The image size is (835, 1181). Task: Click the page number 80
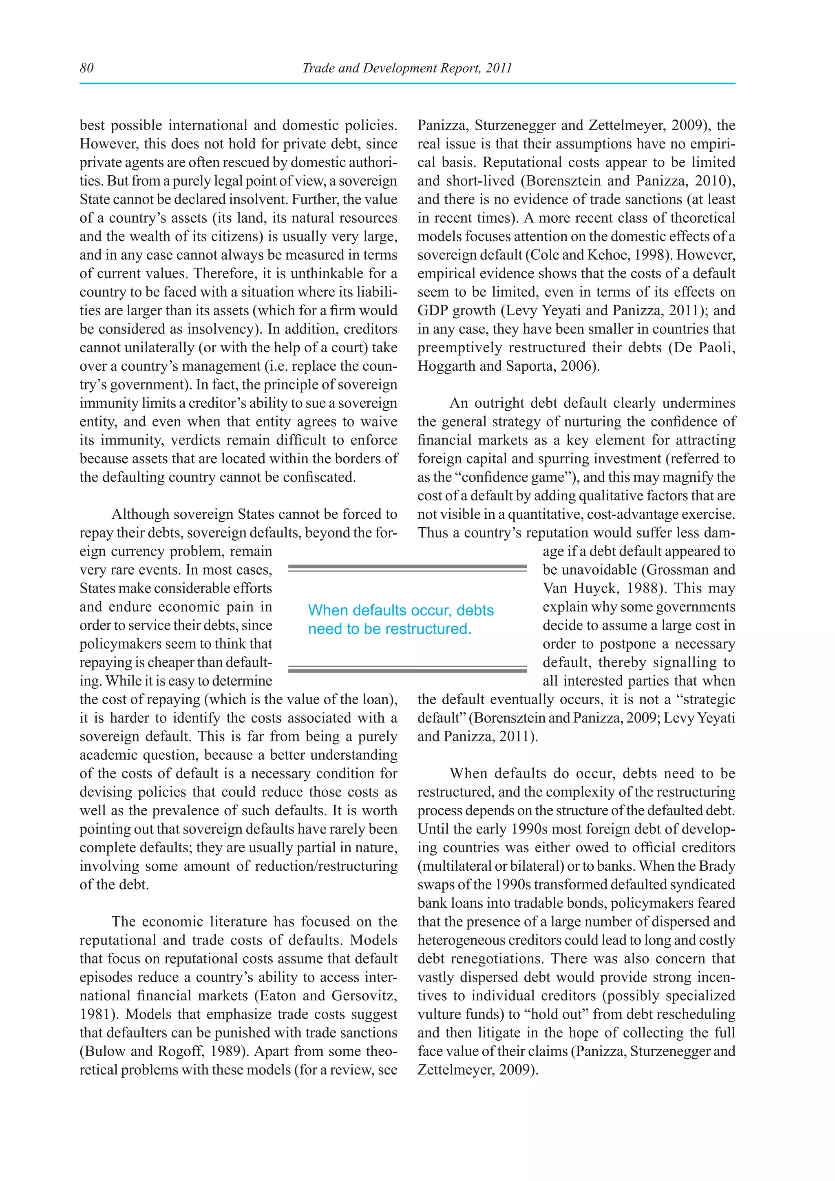coord(86,68)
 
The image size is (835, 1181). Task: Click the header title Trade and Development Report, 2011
coord(407,68)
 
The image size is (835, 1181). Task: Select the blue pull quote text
coord(400,619)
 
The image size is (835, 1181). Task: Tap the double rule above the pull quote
coord(407,568)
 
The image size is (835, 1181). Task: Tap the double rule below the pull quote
coord(407,669)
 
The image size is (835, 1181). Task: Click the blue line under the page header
coord(407,83)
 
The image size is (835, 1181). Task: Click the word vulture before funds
coord(439,1014)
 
